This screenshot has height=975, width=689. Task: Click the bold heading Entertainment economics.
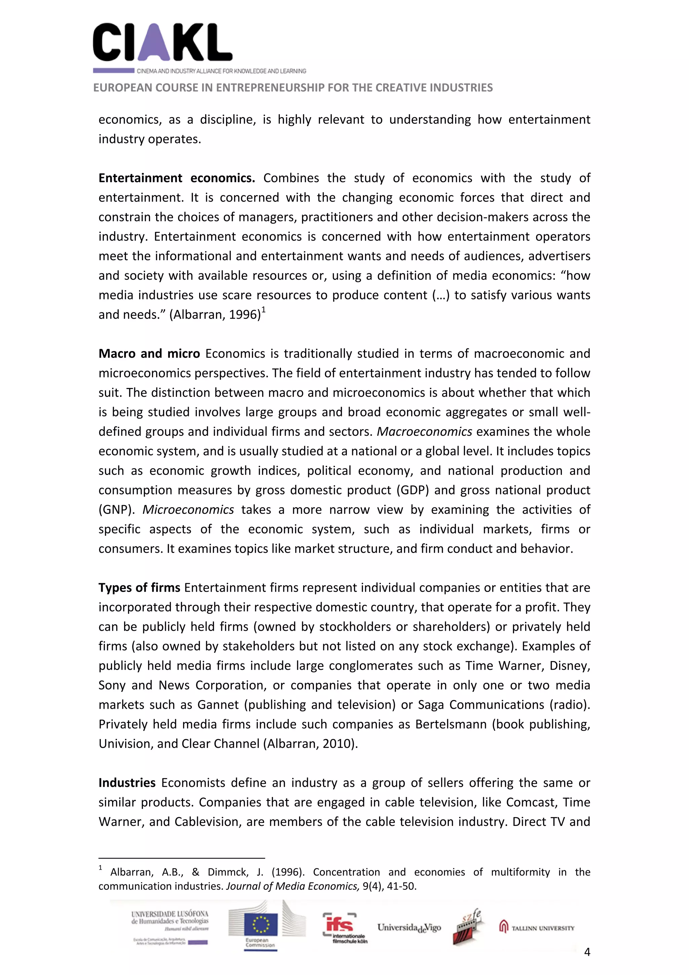(177, 178)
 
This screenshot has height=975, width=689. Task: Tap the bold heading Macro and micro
(149, 353)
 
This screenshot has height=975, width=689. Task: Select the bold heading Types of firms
(139, 587)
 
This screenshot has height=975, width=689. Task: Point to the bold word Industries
(127, 782)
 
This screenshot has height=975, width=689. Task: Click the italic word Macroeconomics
(424, 431)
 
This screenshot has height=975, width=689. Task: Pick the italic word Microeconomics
(188, 510)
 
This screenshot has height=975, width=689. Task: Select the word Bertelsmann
(451, 724)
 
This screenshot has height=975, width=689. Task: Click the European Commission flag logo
(261, 926)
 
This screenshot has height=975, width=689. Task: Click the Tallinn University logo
(537, 928)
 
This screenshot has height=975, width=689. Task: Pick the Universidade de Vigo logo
(409, 928)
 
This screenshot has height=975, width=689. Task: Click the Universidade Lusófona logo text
(170, 917)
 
